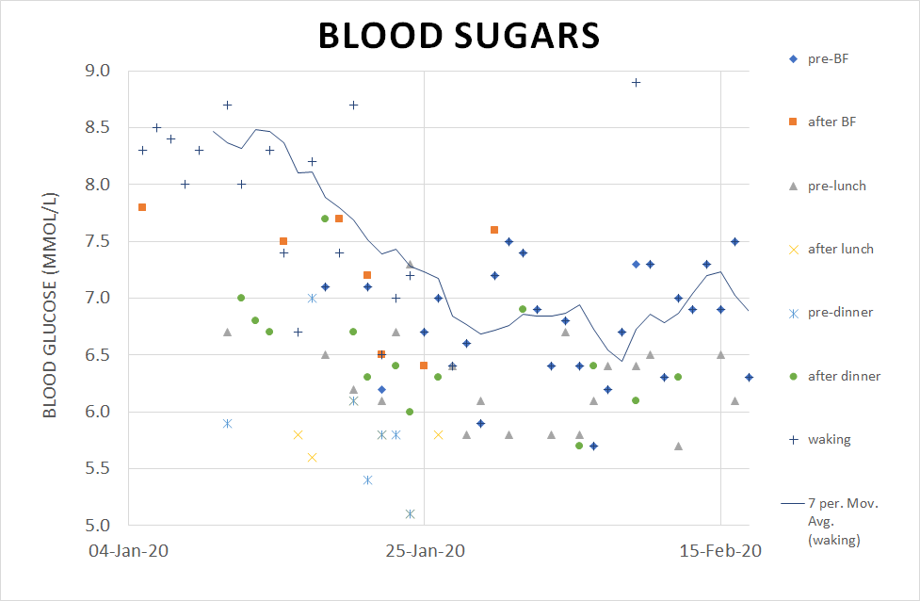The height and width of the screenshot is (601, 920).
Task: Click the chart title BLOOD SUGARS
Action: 459,36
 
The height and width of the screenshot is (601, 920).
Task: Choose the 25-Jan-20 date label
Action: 424,550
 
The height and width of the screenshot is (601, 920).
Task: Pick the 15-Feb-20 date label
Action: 720,550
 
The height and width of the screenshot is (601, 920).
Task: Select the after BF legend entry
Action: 827,122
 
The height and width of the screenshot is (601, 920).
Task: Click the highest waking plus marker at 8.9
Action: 636,82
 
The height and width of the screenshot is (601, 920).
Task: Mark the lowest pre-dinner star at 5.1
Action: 410,513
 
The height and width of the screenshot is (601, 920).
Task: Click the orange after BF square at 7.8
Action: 142,207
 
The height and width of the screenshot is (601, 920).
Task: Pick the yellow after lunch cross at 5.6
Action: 312,457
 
